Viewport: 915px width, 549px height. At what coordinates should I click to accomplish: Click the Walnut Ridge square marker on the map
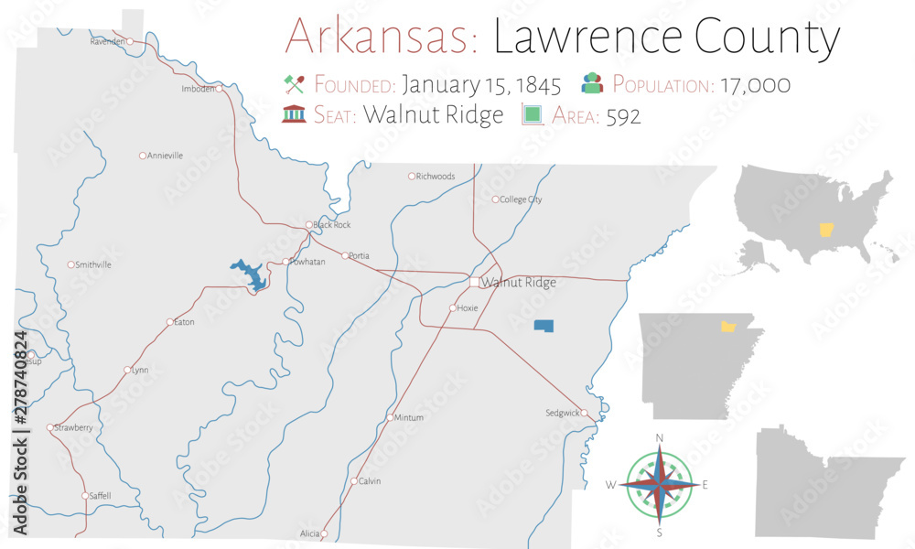[x=475, y=282]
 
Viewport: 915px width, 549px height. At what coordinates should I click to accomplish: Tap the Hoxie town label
[x=468, y=308]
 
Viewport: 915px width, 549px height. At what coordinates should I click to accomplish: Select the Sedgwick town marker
[x=584, y=413]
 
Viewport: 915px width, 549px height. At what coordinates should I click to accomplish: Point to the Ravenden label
[x=108, y=42]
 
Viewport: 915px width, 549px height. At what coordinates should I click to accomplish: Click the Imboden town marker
[x=218, y=89]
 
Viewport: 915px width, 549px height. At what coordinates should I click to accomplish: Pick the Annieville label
[x=165, y=156]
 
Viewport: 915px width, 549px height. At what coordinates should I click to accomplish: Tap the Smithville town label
[x=93, y=264]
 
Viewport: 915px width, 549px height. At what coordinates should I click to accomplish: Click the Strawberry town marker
[x=49, y=427]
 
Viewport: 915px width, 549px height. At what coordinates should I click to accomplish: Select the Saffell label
[x=100, y=496]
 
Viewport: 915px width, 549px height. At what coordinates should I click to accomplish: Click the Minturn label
[x=408, y=417]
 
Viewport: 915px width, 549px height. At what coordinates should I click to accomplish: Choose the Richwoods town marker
[x=412, y=176]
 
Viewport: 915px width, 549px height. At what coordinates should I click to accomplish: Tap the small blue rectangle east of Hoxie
[x=544, y=326]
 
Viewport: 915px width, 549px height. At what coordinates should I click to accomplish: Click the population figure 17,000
[x=754, y=85]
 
